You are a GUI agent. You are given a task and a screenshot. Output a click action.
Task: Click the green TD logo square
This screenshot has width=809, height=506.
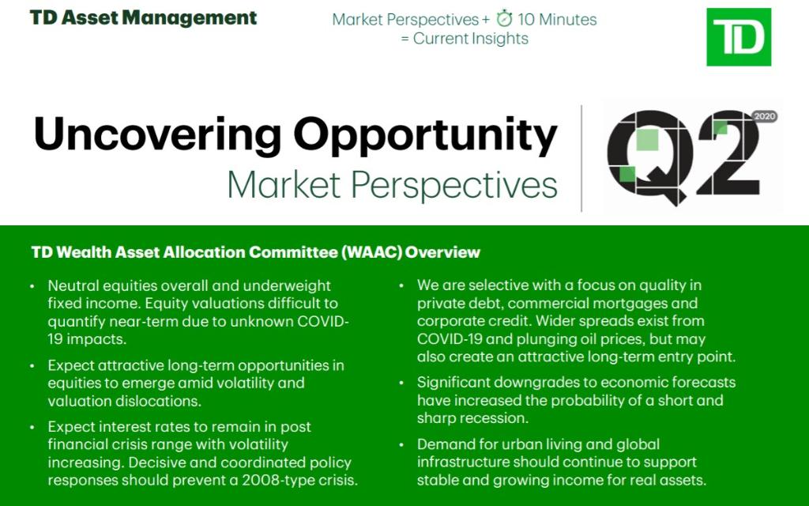click(738, 37)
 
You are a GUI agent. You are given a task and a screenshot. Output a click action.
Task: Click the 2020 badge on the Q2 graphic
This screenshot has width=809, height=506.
click(765, 116)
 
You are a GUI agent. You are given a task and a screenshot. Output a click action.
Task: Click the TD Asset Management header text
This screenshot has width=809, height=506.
click(143, 17)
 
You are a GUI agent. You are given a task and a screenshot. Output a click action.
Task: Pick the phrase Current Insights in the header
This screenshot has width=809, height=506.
click(470, 38)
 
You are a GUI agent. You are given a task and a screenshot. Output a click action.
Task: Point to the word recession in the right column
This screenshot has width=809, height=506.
click(490, 417)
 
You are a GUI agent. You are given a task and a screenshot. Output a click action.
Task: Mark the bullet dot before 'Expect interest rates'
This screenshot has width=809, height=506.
click(32, 427)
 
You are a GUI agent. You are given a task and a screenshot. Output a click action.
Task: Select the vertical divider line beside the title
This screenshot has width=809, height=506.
click(581, 158)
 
